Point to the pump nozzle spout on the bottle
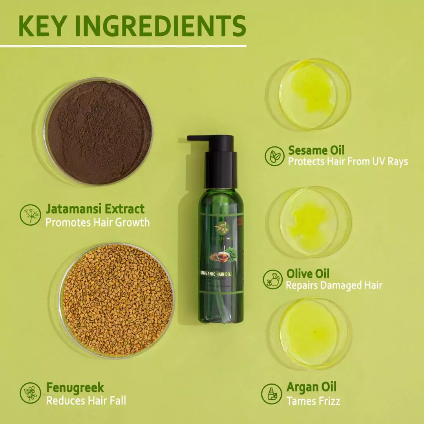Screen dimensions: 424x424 [196, 138]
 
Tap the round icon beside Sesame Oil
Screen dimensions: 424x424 [274, 156]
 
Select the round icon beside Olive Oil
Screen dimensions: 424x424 [272, 279]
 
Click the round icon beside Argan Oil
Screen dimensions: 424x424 [272, 394]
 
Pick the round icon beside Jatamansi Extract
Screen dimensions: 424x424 [30, 215]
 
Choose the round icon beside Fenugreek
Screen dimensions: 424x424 [30, 393]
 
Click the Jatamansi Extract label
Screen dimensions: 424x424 [95, 208]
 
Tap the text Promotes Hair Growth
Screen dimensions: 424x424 [97, 223]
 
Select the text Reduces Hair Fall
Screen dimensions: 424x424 [86, 401]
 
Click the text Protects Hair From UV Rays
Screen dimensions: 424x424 [348, 161]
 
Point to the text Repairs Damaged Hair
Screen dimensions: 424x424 [334, 285]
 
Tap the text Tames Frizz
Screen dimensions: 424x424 [313, 401]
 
